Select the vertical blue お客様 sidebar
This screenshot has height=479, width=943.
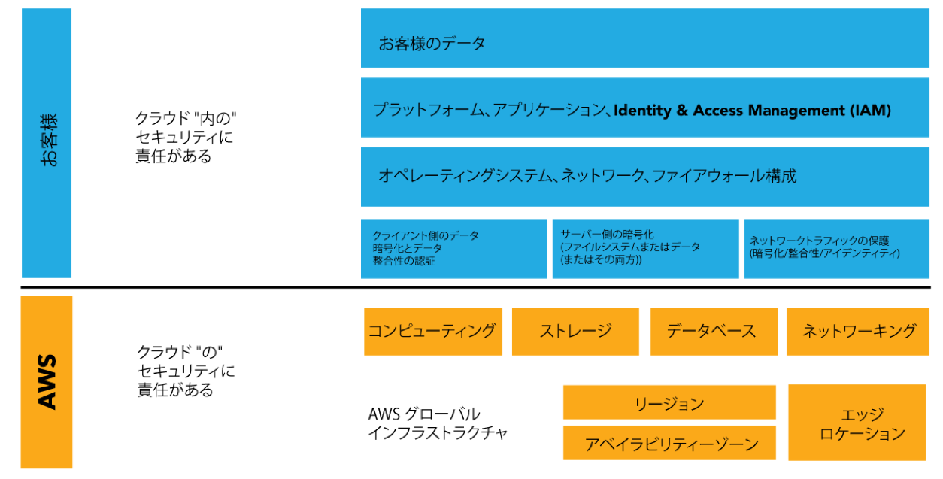click(x=47, y=143)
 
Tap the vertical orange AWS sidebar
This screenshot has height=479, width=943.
click(x=47, y=382)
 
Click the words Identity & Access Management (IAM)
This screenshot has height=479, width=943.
click(x=752, y=111)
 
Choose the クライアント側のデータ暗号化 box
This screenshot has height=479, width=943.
click(x=453, y=248)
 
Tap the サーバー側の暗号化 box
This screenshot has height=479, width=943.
click(x=645, y=248)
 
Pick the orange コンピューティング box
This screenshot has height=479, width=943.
click(x=433, y=331)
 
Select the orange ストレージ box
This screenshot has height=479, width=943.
click(x=575, y=331)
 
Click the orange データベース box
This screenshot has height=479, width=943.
click(x=713, y=331)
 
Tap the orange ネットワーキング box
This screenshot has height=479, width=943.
click(x=858, y=331)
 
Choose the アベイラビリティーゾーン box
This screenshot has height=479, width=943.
click(x=669, y=443)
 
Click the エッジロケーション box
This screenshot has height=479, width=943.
click(x=857, y=423)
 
